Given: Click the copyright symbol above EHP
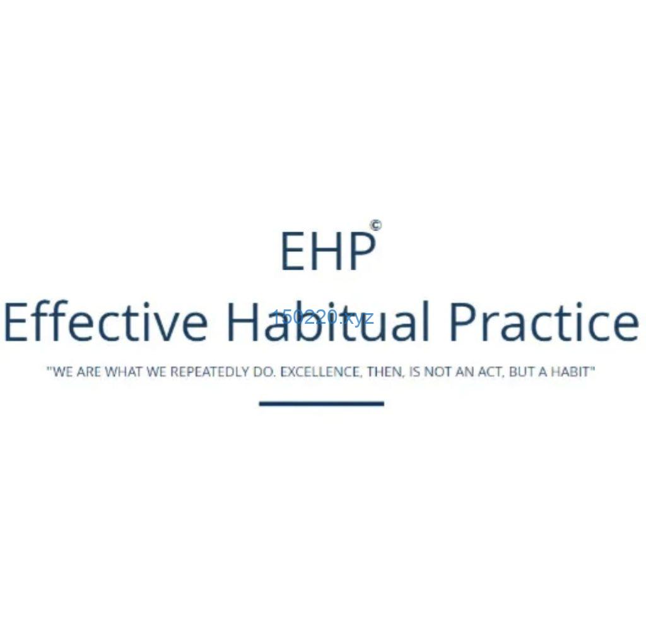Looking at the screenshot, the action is coord(375,225).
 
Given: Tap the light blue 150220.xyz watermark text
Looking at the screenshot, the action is coord(323,318).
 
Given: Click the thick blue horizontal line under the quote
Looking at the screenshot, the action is coord(321,403).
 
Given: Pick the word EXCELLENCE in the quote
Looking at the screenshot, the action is coord(320,372).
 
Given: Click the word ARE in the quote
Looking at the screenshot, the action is coord(89,372).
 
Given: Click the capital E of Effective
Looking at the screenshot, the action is coord(16,322).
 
